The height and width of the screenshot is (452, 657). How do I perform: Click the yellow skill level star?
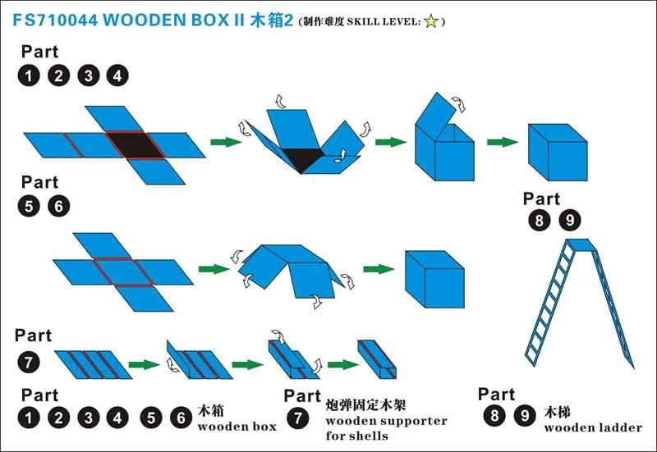(431, 21)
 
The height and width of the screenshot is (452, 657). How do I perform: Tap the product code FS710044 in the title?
(55, 20)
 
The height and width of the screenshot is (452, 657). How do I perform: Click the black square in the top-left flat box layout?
(135, 145)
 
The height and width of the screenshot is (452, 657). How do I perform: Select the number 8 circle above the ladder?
(540, 220)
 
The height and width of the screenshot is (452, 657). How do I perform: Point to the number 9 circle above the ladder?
(570, 220)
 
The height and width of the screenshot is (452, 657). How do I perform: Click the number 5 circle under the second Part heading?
(29, 207)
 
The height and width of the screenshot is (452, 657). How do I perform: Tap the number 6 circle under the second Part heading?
(58, 207)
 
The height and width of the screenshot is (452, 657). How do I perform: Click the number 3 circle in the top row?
(89, 75)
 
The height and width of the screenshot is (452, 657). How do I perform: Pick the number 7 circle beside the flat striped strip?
(29, 363)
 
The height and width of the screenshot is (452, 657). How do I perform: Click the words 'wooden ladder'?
(593, 427)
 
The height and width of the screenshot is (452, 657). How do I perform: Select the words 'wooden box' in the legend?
(237, 427)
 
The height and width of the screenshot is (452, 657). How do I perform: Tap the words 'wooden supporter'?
(386, 421)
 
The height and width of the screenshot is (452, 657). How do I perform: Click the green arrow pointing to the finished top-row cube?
(503, 142)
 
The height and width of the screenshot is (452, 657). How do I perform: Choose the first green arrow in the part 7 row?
(145, 364)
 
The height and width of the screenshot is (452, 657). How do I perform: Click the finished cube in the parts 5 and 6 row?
(434, 279)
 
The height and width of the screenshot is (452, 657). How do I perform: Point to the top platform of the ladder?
(581, 244)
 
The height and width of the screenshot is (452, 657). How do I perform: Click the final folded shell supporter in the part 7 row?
(377, 359)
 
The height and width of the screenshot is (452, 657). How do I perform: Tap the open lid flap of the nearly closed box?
(436, 111)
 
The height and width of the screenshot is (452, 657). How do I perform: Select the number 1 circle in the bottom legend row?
(29, 418)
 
